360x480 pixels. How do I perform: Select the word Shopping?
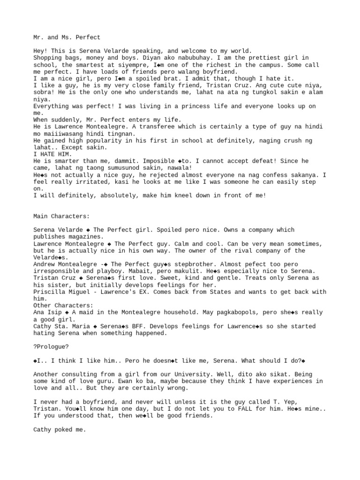(x=47, y=58)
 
